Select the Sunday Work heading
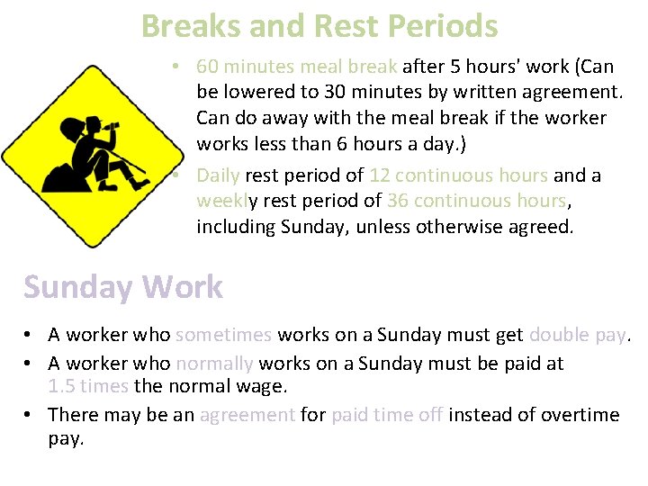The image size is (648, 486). point(123,287)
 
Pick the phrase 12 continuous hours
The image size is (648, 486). point(458,175)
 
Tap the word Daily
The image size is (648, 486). point(220,175)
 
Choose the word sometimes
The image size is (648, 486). point(223,336)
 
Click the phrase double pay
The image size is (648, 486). point(577,336)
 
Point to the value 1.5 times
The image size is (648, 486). point(88,387)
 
